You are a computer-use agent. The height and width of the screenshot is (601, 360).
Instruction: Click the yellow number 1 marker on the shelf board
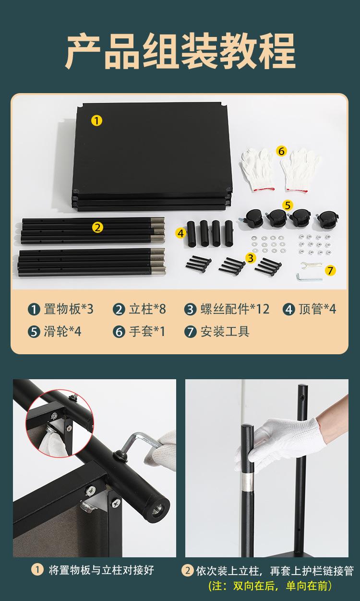pos(96,120)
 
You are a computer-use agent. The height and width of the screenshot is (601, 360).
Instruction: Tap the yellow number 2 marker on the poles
pos(97,228)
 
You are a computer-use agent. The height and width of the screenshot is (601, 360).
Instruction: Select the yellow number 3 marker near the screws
pos(251,258)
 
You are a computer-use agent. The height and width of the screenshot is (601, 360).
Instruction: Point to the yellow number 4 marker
pos(181,233)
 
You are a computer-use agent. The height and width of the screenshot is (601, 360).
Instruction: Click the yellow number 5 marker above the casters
pos(288,205)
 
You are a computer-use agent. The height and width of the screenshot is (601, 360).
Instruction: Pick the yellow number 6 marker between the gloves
pos(281,151)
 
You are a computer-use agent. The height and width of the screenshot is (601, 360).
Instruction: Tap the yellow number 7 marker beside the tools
pos(330,270)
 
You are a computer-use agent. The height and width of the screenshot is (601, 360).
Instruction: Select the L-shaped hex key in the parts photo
pos(309,278)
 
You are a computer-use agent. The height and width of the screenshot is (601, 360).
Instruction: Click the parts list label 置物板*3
pos(69,309)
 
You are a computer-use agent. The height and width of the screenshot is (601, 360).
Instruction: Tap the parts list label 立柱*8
pos(147,309)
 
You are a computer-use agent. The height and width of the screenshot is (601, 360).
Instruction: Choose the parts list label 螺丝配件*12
pos(235,309)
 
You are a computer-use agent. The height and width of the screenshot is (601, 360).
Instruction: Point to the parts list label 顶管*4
pos(317,309)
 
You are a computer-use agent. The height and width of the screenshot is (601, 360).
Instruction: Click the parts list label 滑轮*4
pos(62,331)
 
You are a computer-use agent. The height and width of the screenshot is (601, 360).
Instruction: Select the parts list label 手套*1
pos(147,331)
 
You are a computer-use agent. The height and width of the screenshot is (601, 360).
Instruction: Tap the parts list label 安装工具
pos(225,331)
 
